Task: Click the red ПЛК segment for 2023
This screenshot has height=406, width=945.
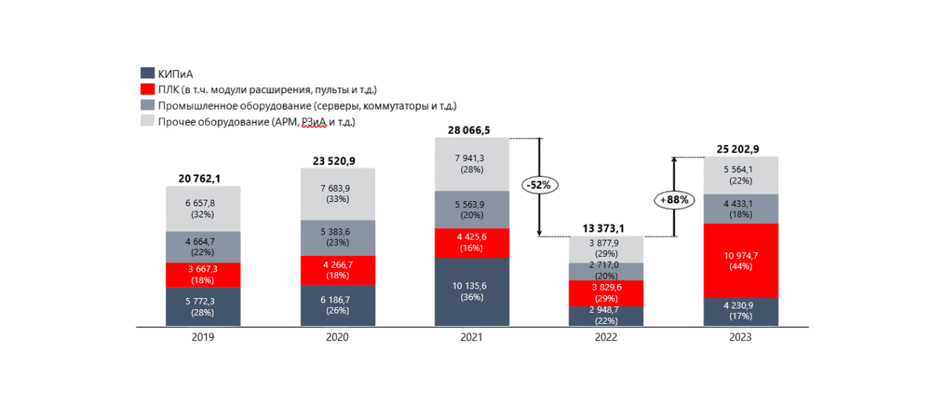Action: (740, 260)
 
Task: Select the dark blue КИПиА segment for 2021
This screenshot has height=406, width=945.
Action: (472, 292)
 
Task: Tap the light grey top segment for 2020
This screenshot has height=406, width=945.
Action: (337, 193)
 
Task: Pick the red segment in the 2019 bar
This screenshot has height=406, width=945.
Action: (203, 274)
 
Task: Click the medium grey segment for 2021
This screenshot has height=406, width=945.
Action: (472, 209)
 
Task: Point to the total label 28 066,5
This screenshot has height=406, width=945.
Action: (469, 131)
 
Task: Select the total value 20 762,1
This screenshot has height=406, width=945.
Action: (199, 178)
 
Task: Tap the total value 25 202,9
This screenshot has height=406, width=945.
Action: (738, 149)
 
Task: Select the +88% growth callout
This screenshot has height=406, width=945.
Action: (674, 200)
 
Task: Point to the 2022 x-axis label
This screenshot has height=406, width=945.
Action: (606, 337)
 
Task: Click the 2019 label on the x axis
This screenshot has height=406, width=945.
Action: (203, 337)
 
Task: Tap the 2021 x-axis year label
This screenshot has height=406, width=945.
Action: (472, 337)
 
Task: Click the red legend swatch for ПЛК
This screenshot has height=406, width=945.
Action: (148, 89)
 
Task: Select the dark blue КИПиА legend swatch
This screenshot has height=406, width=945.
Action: (148, 73)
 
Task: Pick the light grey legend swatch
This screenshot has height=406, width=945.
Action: (148, 121)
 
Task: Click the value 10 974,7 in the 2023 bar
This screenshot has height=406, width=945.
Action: (740, 255)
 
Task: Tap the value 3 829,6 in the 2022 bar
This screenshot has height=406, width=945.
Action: (606, 288)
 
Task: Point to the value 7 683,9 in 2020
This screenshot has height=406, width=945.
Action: (337, 188)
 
